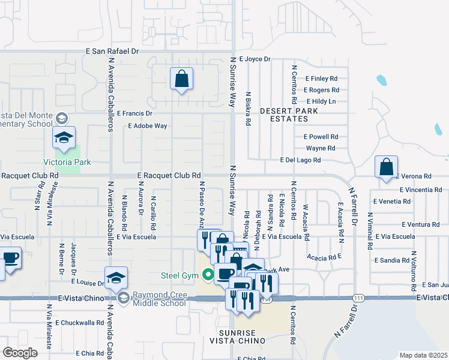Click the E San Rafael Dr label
112,52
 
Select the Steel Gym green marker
208,276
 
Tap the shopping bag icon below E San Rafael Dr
181,79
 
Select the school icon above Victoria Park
63,137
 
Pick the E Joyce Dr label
255,59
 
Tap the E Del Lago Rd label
300,160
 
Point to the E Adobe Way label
147,126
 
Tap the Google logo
20,352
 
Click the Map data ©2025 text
423,355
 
